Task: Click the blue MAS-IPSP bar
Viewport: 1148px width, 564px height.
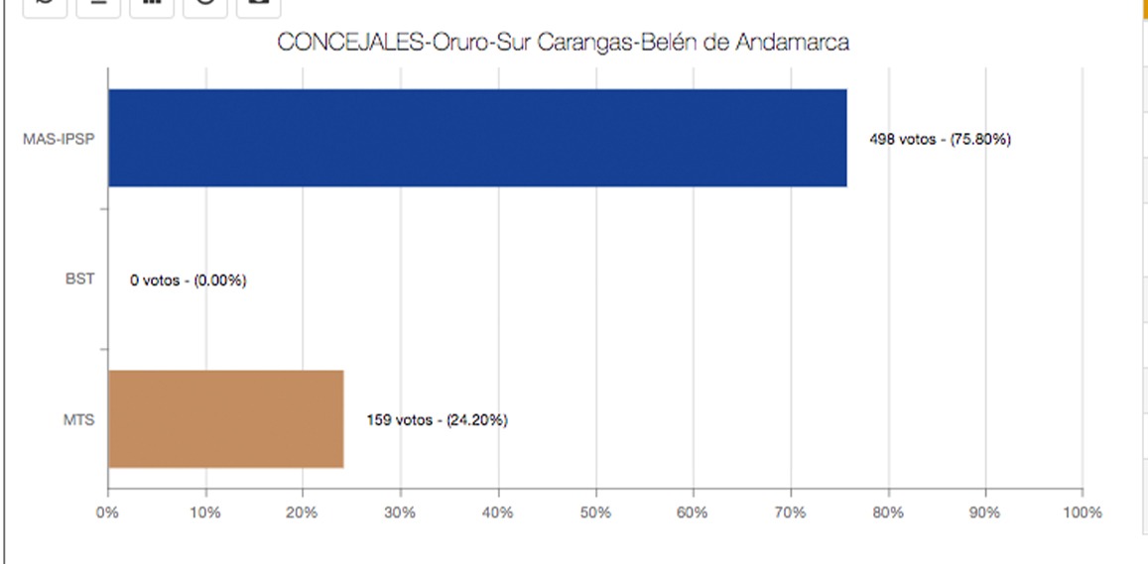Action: coord(477,138)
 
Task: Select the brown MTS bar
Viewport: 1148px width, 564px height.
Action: coord(225,419)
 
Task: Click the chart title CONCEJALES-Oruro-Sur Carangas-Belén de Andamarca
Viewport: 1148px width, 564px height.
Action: coord(563,44)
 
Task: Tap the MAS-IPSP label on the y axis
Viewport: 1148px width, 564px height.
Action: coord(59,139)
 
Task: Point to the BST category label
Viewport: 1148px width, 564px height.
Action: coord(79,280)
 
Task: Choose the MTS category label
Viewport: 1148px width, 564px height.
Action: coord(78,420)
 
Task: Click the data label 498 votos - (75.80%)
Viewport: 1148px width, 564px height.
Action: coord(940,140)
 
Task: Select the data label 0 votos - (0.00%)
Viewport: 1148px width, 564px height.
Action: coord(189,281)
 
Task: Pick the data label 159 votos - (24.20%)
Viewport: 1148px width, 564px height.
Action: coord(437,420)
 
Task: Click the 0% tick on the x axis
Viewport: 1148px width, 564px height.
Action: coord(107,512)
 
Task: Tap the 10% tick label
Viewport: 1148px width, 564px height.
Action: coord(204,512)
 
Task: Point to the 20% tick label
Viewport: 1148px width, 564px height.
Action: coord(302,512)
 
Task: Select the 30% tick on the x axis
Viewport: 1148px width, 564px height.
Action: coord(400,512)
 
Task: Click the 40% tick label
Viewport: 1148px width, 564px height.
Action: coord(497,512)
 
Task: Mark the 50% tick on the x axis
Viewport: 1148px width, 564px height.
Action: coord(594,512)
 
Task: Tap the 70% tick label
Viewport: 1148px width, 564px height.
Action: coord(790,512)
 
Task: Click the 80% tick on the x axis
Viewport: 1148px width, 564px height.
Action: coord(887,512)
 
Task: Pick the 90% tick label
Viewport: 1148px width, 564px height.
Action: coord(984,512)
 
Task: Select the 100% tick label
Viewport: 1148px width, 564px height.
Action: coord(1082,512)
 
